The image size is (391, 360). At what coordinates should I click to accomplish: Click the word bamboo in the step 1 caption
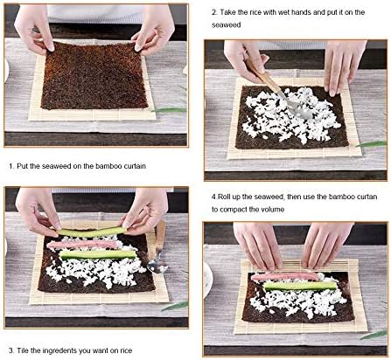pyautogui.click(x=108, y=166)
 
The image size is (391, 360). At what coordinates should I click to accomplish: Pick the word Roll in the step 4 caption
pyautogui.click(x=225, y=197)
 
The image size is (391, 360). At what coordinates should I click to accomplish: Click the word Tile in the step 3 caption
pyautogui.click(x=23, y=350)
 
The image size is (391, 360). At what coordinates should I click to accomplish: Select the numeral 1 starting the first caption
pyautogui.click(x=10, y=166)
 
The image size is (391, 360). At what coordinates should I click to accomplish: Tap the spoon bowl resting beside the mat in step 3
pyautogui.click(x=157, y=266)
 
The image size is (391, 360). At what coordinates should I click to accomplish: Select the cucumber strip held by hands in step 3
pyautogui.click(x=92, y=232)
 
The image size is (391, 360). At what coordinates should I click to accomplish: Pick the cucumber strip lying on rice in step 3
pyautogui.click(x=98, y=254)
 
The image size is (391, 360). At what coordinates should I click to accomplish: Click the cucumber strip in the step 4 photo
pyautogui.click(x=300, y=286)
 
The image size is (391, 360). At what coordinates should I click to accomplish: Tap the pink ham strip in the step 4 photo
pyautogui.click(x=285, y=276)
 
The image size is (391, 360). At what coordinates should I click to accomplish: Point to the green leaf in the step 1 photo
pyautogui.click(x=169, y=110)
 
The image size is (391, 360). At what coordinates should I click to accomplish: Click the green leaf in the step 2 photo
pyautogui.click(x=371, y=144)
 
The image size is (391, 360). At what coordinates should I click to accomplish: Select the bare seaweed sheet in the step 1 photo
pyautogui.click(x=94, y=75)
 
